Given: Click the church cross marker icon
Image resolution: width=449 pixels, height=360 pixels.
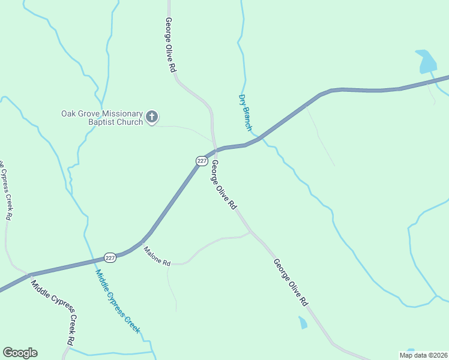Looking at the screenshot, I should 152,117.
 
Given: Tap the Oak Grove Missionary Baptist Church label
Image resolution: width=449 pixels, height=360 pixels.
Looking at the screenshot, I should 102,118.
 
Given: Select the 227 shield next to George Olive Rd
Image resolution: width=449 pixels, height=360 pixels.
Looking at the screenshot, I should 202,161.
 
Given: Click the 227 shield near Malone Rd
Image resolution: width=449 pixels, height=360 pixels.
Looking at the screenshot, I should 110,257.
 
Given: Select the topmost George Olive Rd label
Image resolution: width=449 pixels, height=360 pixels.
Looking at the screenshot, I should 170,46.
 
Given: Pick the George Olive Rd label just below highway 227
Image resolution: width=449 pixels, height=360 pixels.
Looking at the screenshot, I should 223,185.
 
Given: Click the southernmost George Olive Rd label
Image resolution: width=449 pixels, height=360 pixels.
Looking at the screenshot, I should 291,283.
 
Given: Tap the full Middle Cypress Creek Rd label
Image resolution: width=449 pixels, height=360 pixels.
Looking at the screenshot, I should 53,312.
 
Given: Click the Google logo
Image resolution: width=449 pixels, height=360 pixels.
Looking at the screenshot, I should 20,353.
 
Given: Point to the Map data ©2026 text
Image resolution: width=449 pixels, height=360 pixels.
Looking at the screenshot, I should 423,355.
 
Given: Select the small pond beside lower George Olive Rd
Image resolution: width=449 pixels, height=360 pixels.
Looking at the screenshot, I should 303,323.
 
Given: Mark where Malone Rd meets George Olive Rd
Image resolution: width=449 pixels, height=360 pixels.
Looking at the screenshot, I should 250,232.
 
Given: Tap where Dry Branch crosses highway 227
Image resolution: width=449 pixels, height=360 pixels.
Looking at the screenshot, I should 259,139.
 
